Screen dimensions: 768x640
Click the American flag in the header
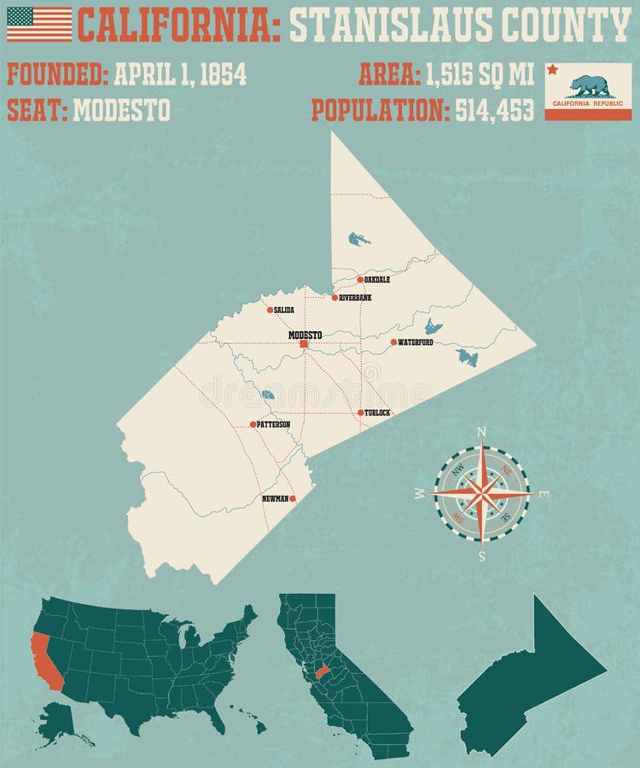coord(39,24)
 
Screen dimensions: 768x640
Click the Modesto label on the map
coord(305,335)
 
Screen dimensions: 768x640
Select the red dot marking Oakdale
coord(360,279)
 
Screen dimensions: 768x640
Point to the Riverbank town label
coord(355,298)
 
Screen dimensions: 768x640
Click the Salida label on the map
coord(284,310)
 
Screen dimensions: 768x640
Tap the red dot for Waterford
coord(393,342)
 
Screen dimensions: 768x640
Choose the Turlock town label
coord(377,413)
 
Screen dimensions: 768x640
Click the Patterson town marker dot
coord(253,424)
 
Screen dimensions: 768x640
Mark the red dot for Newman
coord(293,498)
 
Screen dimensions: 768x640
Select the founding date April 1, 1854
coord(180,74)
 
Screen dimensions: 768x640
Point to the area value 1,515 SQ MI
coord(480,74)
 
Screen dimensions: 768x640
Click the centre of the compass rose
coord(482,494)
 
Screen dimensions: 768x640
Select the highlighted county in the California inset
coord(322,672)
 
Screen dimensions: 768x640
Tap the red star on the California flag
coord(553,69)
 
